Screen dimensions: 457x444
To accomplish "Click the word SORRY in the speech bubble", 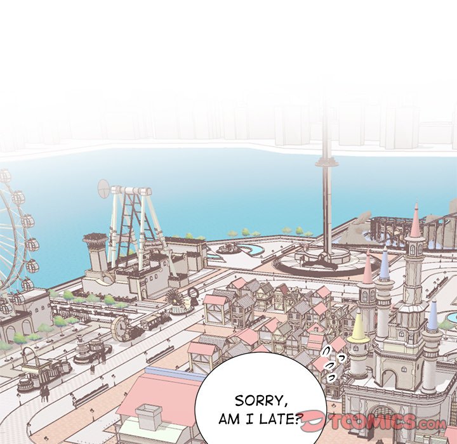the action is [x=261, y=401].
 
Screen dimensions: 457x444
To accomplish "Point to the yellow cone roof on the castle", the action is [x=359, y=327].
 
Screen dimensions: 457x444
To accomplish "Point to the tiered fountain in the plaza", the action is [x=83, y=350].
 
